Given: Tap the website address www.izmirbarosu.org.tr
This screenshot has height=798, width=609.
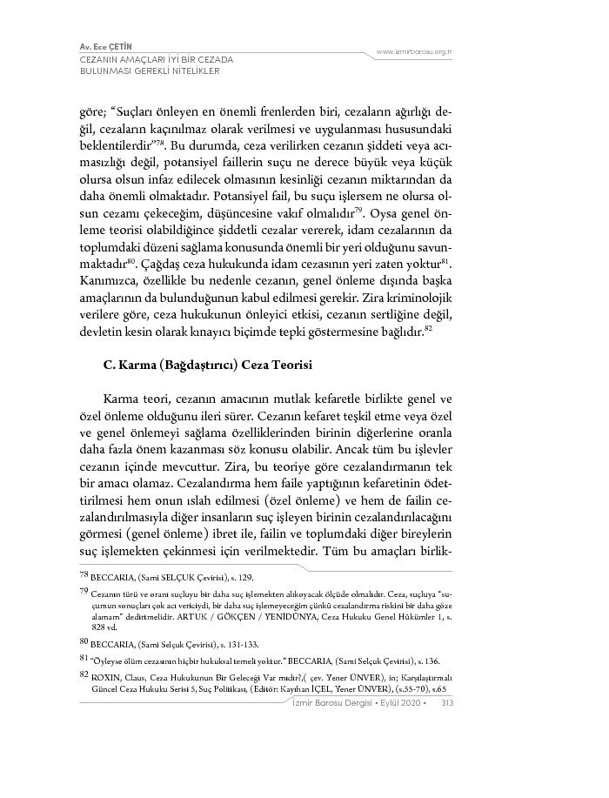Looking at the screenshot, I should [x=415, y=52].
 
